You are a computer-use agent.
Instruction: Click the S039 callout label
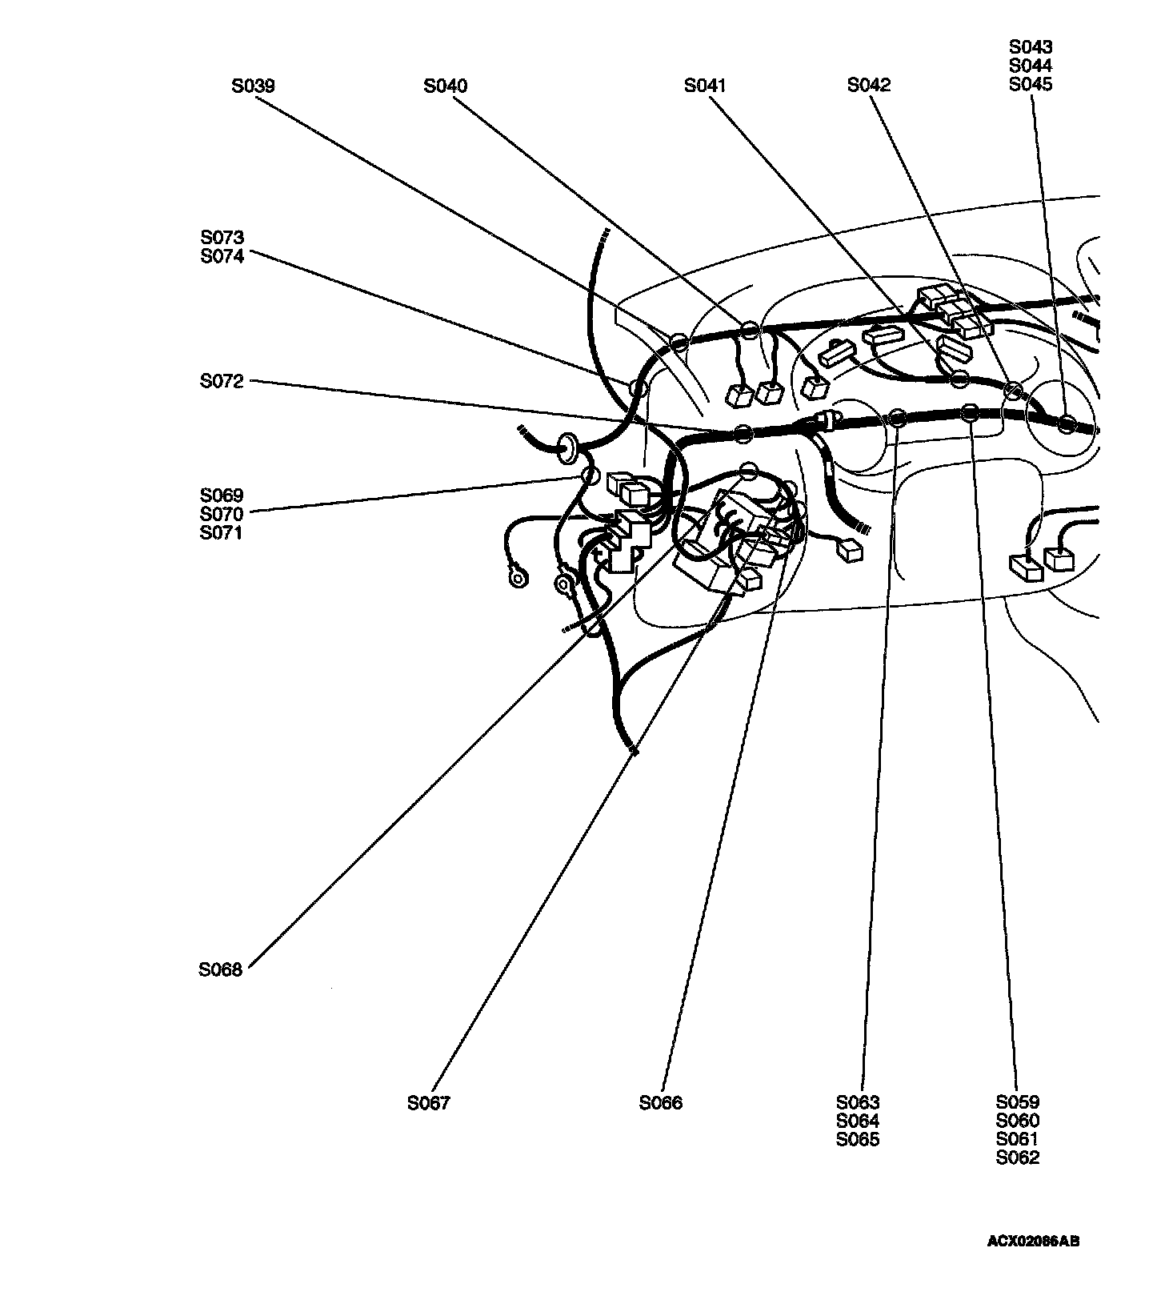[253, 86]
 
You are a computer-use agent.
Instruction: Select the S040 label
[446, 86]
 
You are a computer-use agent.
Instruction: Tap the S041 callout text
[705, 86]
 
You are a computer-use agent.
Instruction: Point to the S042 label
[869, 85]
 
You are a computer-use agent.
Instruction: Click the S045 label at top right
[1031, 85]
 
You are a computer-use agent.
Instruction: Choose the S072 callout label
[222, 382]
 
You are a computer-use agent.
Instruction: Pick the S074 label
[222, 257]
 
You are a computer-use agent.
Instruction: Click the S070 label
[222, 514]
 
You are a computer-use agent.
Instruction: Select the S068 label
[220, 969]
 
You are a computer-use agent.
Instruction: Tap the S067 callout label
[429, 1103]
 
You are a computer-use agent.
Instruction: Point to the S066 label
[661, 1103]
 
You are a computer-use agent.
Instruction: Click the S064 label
[858, 1121]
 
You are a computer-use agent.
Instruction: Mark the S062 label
[1018, 1158]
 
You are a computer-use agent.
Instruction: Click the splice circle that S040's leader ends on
[749, 330]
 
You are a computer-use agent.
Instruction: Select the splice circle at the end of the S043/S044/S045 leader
[1066, 424]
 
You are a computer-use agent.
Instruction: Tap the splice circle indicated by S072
[743, 434]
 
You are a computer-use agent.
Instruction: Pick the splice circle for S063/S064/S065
[898, 417]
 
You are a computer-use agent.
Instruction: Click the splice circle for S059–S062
[969, 413]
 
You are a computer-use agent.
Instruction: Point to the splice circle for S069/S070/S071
[590, 475]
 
